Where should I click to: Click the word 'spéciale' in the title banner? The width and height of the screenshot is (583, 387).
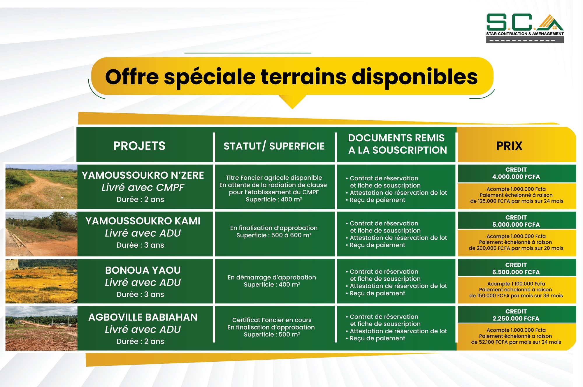pyautogui.click(x=210, y=77)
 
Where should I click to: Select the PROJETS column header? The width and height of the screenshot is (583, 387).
pyautogui.click(x=139, y=146)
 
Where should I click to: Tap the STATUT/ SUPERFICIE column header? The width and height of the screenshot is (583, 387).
pyautogui.click(x=274, y=146)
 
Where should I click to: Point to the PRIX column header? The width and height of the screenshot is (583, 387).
pyautogui.click(x=509, y=146)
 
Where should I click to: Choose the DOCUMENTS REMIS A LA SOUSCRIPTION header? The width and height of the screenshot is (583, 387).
pyautogui.click(x=397, y=144)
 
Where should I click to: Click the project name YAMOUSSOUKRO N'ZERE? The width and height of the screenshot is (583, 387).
pyautogui.click(x=143, y=175)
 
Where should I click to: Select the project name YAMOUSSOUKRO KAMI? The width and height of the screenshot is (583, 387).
pyautogui.click(x=143, y=221)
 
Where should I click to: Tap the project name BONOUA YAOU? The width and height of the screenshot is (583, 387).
pyautogui.click(x=143, y=270)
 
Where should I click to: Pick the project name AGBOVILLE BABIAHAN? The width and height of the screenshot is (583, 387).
pyautogui.click(x=143, y=317)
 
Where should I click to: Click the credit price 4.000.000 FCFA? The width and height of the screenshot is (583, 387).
pyautogui.click(x=516, y=177)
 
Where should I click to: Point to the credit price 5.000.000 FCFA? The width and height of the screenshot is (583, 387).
pyautogui.click(x=516, y=224)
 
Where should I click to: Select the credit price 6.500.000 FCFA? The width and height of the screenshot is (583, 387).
pyautogui.click(x=516, y=272)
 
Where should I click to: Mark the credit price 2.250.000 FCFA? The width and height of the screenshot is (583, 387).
pyautogui.click(x=516, y=319)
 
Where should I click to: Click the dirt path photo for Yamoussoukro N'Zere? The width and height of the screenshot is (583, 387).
pyautogui.click(x=41, y=187)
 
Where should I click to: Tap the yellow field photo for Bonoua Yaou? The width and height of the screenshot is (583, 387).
pyautogui.click(x=41, y=281)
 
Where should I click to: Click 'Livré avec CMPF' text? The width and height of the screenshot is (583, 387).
pyautogui.click(x=143, y=187)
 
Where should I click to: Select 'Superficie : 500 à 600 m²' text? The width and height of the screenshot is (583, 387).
pyautogui.click(x=274, y=235)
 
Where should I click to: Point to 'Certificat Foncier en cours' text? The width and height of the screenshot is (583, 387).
pyautogui.click(x=272, y=320)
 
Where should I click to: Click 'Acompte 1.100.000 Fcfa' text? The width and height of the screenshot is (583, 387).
pyautogui.click(x=516, y=284)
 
